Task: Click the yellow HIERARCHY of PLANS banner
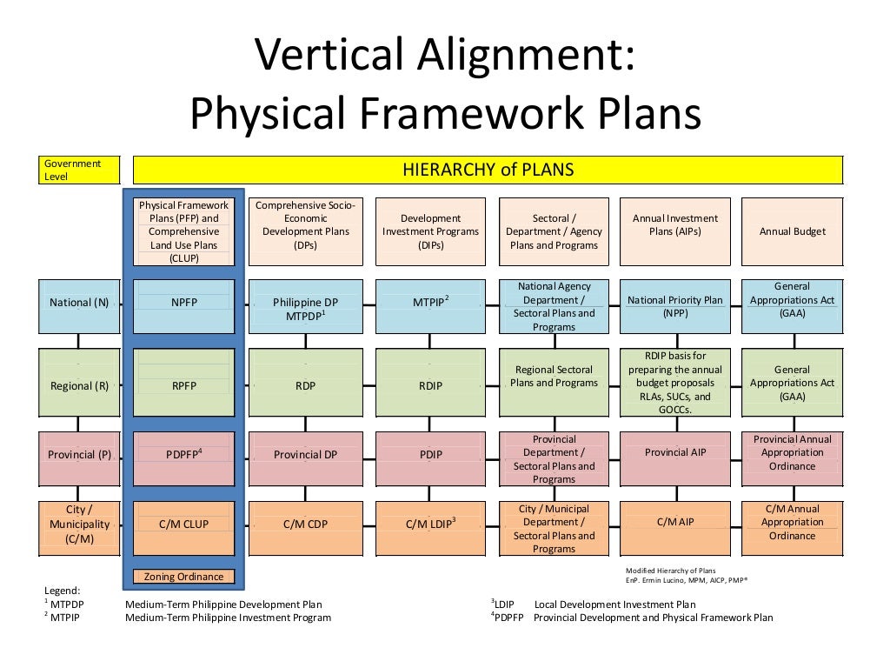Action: coord(488,170)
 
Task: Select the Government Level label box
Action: coord(79,170)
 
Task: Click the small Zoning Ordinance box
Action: coord(183,577)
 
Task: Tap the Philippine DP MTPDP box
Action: coord(305,306)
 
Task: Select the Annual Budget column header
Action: coord(792,231)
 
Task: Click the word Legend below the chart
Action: coord(62,591)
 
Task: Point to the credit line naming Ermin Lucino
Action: coord(687,580)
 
